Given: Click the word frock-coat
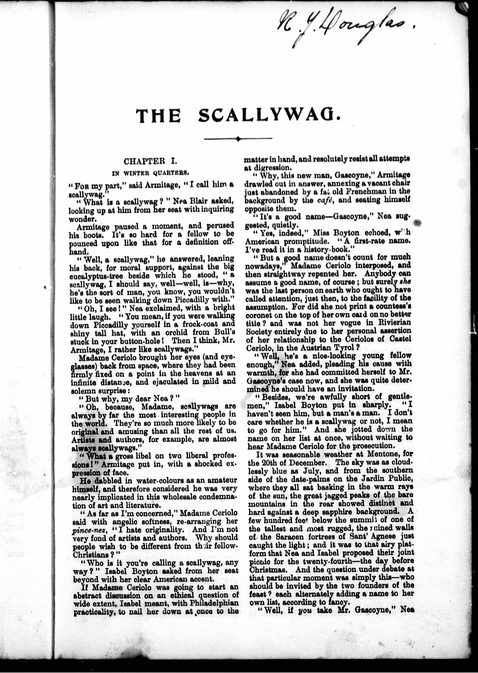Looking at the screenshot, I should [209, 324].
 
